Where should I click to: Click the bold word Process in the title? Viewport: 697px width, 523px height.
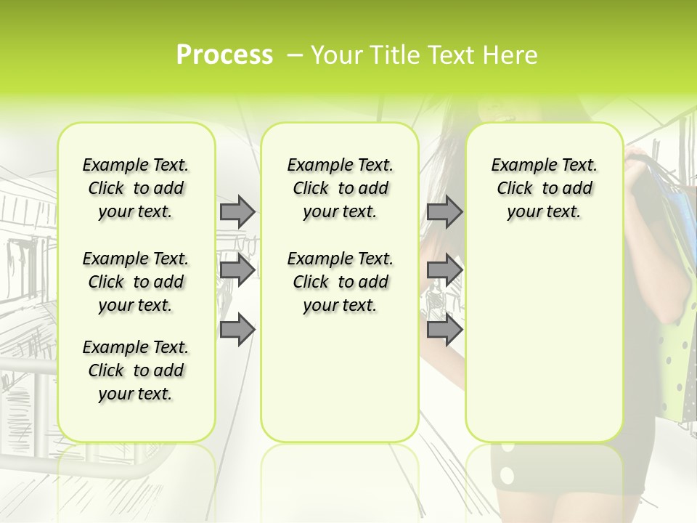tap(224, 55)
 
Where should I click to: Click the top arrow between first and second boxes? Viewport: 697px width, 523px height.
tap(237, 211)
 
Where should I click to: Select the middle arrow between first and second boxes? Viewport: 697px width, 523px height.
tap(237, 271)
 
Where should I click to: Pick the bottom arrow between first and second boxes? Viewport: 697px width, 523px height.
tap(237, 330)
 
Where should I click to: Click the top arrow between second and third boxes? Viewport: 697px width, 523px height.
tap(444, 211)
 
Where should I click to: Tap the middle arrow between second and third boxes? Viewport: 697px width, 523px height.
tap(444, 271)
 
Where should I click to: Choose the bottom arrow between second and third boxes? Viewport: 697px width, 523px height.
tap(444, 330)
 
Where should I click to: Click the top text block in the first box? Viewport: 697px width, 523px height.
tap(136, 188)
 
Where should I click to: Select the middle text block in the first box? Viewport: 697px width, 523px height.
tap(136, 282)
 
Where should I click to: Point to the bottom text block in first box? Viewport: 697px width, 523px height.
tap(136, 370)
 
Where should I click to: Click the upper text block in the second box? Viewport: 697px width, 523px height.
tap(340, 188)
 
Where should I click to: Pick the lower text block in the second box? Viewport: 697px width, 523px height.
tap(340, 282)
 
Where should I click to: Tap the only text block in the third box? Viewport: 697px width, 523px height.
tap(544, 188)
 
